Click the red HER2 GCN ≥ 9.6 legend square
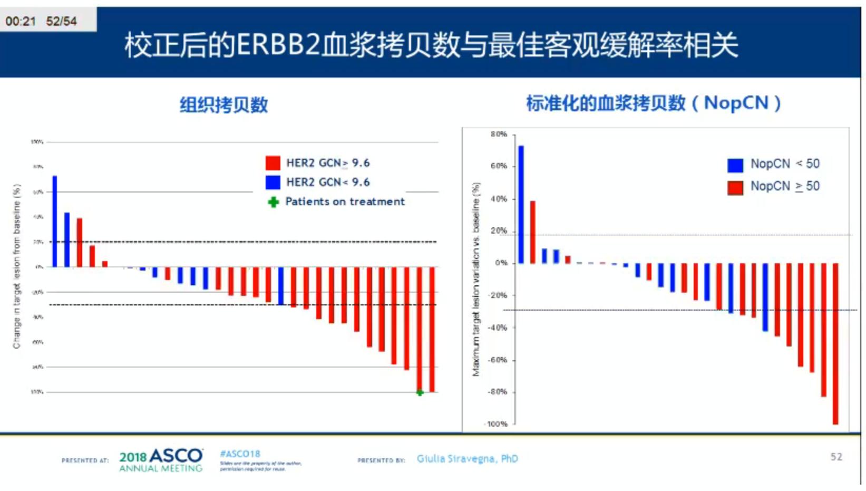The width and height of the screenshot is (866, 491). [273, 163]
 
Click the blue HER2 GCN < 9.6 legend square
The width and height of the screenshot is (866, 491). [273, 182]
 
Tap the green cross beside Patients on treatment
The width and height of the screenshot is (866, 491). [273, 202]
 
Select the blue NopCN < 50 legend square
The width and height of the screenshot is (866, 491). [735, 165]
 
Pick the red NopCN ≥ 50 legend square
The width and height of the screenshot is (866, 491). [735, 187]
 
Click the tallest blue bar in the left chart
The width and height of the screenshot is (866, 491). [55, 222]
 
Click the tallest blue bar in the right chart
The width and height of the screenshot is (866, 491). [521, 205]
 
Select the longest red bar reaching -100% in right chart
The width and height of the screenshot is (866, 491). [835, 343]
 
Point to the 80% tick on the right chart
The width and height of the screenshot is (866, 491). [499, 134]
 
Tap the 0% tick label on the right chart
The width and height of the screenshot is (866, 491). [500, 263]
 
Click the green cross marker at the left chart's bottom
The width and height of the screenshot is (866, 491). [420, 392]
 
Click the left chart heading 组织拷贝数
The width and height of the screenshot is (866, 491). [223, 105]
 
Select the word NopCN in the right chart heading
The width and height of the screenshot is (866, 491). [736, 103]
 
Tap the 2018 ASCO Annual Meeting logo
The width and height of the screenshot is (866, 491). [161, 460]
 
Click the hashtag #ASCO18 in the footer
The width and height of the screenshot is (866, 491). [240, 454]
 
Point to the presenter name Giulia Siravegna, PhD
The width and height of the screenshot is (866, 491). [467, 459]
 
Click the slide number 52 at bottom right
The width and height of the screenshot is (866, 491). [836, 457]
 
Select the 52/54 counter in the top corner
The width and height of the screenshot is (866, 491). [61, 22]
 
